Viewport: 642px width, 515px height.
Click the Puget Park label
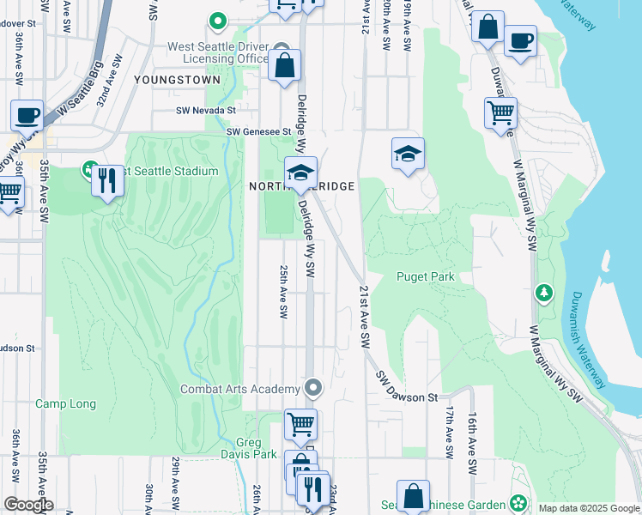tap(425, 276)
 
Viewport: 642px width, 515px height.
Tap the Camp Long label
tap(65, 403)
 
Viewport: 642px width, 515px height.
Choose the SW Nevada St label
tap(205, 110)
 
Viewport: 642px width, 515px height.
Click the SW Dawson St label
tap(407, 386)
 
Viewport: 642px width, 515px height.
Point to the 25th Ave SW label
tap(282, 291)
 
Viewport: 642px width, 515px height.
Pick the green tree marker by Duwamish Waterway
tap(543, 294)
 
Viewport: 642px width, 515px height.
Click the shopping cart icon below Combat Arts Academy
tap(300, 422)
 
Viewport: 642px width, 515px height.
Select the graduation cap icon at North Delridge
tap(300, 171)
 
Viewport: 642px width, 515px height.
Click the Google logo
tap(28, 505)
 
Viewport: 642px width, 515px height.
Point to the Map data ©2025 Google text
tap(588, 508)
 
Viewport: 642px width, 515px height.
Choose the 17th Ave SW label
tap(448, 433)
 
